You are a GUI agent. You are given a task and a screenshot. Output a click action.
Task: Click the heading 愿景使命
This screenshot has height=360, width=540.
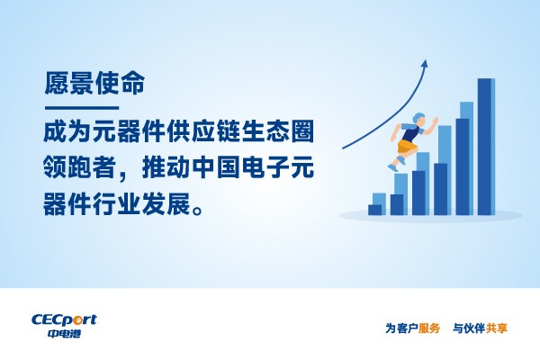pyautogui.click(x=94, y=84)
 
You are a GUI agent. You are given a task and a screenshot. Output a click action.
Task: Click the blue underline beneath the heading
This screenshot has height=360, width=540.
pyautogui.click(x=82, y=108)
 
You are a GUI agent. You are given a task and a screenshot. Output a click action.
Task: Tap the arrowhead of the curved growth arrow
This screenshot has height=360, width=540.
pyautogui.click(x=425, y=65)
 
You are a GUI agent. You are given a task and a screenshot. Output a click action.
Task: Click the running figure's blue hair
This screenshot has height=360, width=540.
pyautogui.click(x=418, y=117)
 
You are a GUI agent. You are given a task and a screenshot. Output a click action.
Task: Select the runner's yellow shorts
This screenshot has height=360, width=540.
pyautogui.click(x=407, y=147)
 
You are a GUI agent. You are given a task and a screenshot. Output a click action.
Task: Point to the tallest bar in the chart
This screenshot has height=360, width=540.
pyautogui.click(x=486, y=147)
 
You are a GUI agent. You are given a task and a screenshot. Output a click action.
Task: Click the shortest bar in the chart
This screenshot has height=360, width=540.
pyautogui.click(x=374, y=210)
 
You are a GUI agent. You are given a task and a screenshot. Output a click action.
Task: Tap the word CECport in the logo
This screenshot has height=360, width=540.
pyautogui.click(x=64, y=320)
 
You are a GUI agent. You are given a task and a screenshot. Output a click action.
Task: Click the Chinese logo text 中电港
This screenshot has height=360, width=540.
pyautogui.click(x=64, y=333)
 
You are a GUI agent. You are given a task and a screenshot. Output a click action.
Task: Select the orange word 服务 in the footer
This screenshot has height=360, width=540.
pyautogui.click(x=429, y=328)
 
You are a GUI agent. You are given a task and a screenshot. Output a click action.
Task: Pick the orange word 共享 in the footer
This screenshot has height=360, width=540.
pyautogui.click(x=497, y=328)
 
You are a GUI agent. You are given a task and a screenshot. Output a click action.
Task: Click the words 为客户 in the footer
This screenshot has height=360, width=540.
pyautogui.click(x=401, y=328)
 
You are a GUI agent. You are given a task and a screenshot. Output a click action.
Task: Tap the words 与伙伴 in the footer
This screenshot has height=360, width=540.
pyautogui.click(x=469, y=328)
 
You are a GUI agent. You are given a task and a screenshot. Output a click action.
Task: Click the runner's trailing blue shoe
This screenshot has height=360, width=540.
pyautogui.click(x=393, y=168)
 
